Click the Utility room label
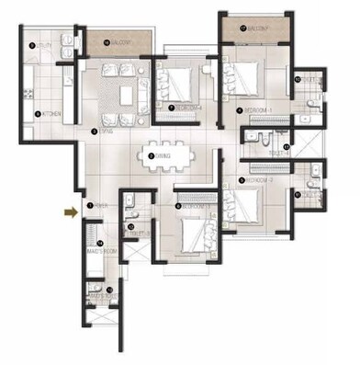(39, 46)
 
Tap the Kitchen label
(46, 114)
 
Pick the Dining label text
(162, 156)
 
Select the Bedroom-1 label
(256, 109)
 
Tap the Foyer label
(93, 206)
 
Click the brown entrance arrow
(70, 212)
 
